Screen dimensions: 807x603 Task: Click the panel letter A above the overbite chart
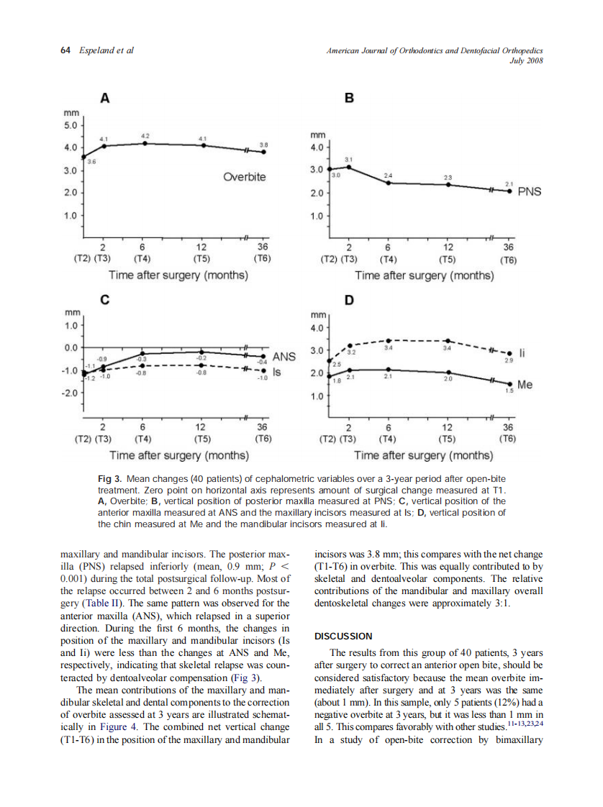[x=104, y=99]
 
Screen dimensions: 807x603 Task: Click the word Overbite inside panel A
[x=244, y=176]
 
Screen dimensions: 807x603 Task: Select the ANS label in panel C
[x=284, y=356]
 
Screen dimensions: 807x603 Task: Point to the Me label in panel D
[x=525, y=385]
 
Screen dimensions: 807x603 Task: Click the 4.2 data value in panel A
[x=145, y=135]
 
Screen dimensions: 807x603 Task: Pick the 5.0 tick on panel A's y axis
[x=72, y=125]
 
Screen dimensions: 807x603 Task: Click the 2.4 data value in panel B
[x=388, y=175]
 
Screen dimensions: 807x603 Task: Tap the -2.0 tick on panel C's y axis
[x=70, y=394]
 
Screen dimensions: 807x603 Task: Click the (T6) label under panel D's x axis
[x=509, y=438]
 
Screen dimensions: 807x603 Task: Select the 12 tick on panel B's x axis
[x=448, y=247]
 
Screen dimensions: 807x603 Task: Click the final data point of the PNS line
[x=510, y=191]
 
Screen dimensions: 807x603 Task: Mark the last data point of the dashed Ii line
[x=510, y=353]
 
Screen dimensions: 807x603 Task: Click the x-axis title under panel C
[x=179, y=455]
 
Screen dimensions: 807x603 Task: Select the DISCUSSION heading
[x=343, y=636]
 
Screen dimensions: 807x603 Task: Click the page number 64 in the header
[x=65, y=50]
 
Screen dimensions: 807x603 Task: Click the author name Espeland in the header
[x=95, y=50]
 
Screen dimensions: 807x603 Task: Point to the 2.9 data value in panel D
[x=509, y=360]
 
